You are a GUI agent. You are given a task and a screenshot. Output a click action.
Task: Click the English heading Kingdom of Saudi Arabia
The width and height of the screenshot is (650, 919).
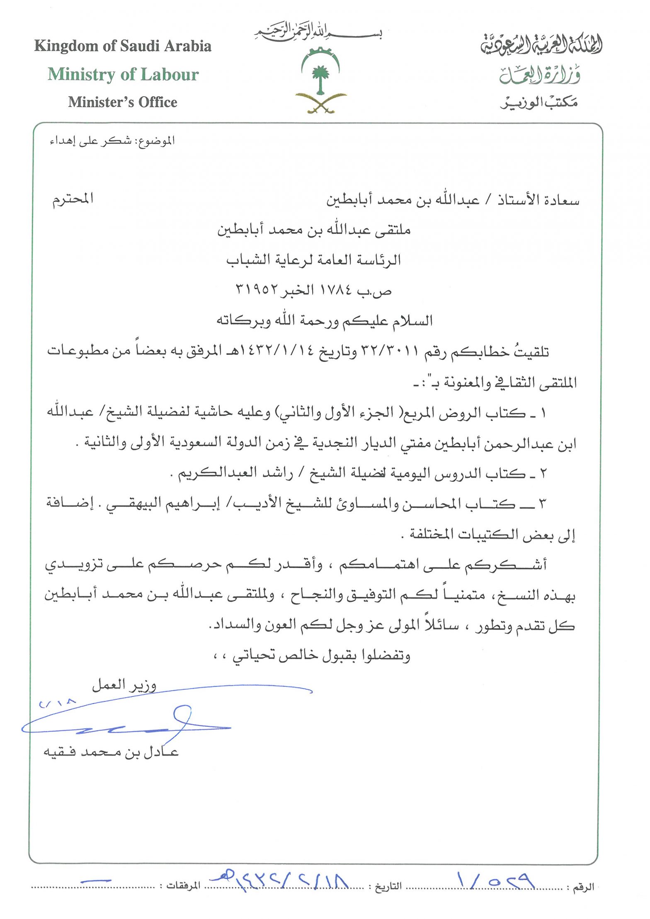(x=123, y=46)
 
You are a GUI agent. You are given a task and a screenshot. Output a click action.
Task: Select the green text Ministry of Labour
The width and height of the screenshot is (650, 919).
(x=123, y=75)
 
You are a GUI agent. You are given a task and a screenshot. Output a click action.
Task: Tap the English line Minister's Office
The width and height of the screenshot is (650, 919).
(x=123, y=102)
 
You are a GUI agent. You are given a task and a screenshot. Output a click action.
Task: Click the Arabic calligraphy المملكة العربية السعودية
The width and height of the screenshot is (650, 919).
(x=541, y=45)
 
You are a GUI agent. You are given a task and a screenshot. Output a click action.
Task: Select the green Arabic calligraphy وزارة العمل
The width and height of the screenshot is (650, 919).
(x=540, y=75)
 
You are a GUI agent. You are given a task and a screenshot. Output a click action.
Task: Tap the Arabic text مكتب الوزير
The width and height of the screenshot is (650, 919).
(x=539, y=102)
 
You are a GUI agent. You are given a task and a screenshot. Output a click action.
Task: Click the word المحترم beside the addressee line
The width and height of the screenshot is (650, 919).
(x=73, y=199)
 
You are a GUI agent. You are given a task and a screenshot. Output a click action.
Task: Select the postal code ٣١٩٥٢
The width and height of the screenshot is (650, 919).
(x=257, y=290)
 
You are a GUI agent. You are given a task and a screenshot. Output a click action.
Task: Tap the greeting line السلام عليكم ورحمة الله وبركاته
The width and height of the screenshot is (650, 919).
(x=325, y=320)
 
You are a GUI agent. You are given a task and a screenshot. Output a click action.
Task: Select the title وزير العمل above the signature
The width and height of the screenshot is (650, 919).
(x=124, y=685)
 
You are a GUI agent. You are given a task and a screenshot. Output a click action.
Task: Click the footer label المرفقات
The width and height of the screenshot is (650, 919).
(x=183, y=886)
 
